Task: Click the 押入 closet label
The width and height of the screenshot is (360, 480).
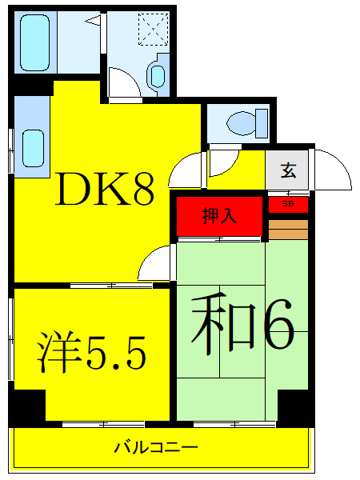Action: (x=218, y=214)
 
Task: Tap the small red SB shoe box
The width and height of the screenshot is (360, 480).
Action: (x=287, y=205)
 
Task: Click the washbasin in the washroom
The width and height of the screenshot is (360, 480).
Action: (x=156, y=75)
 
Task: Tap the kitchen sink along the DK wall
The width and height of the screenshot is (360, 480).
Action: (x=32, y=145)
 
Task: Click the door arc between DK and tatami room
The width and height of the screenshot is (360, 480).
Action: (x=158, y=264)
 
